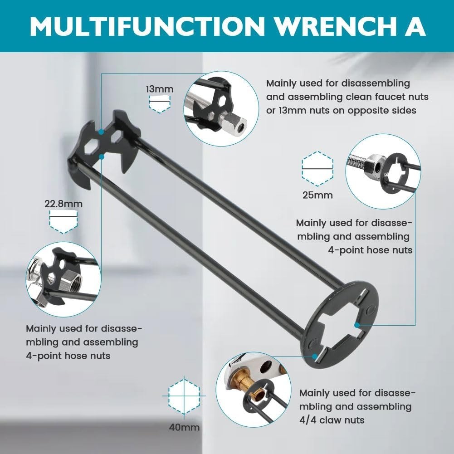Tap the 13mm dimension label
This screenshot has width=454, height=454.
[x=159, y=89]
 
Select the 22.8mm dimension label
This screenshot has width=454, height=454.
[x=63, y=204]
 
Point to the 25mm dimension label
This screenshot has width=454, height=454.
[x=317, y=195]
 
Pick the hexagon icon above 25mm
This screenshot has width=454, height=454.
[x=317, y=169]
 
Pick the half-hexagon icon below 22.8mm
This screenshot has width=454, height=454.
[x=63, y=224]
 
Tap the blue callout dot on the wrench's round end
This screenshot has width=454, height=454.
[x=357, y=325]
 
